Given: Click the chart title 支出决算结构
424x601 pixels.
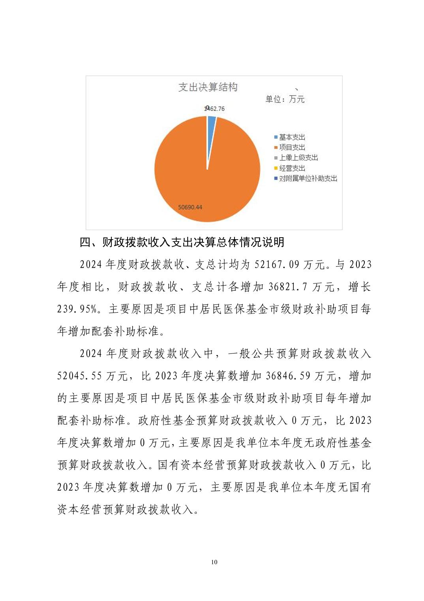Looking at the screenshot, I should click(x=208, y=87).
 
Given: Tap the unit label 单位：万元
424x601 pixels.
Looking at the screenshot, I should click(x=285, y=99).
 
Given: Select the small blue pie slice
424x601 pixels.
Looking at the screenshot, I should click(x=211, y=123).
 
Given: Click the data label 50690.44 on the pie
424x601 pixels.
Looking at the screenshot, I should click(x=190, y=207).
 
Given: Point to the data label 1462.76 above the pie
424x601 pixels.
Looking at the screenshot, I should click(x=215, y=108).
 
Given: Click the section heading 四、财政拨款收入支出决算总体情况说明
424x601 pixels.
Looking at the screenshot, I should click(x=182, y=242).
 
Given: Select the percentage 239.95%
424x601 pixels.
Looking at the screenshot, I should click(x=77, y=309).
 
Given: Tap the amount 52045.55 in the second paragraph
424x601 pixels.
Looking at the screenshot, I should click(x=80, y=376).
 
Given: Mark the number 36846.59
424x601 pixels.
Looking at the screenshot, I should click(x=288, y=376).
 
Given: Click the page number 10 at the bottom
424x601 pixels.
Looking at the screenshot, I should click(x=214, y=562).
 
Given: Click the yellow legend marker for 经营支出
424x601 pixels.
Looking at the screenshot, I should click(x=276, y=168).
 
